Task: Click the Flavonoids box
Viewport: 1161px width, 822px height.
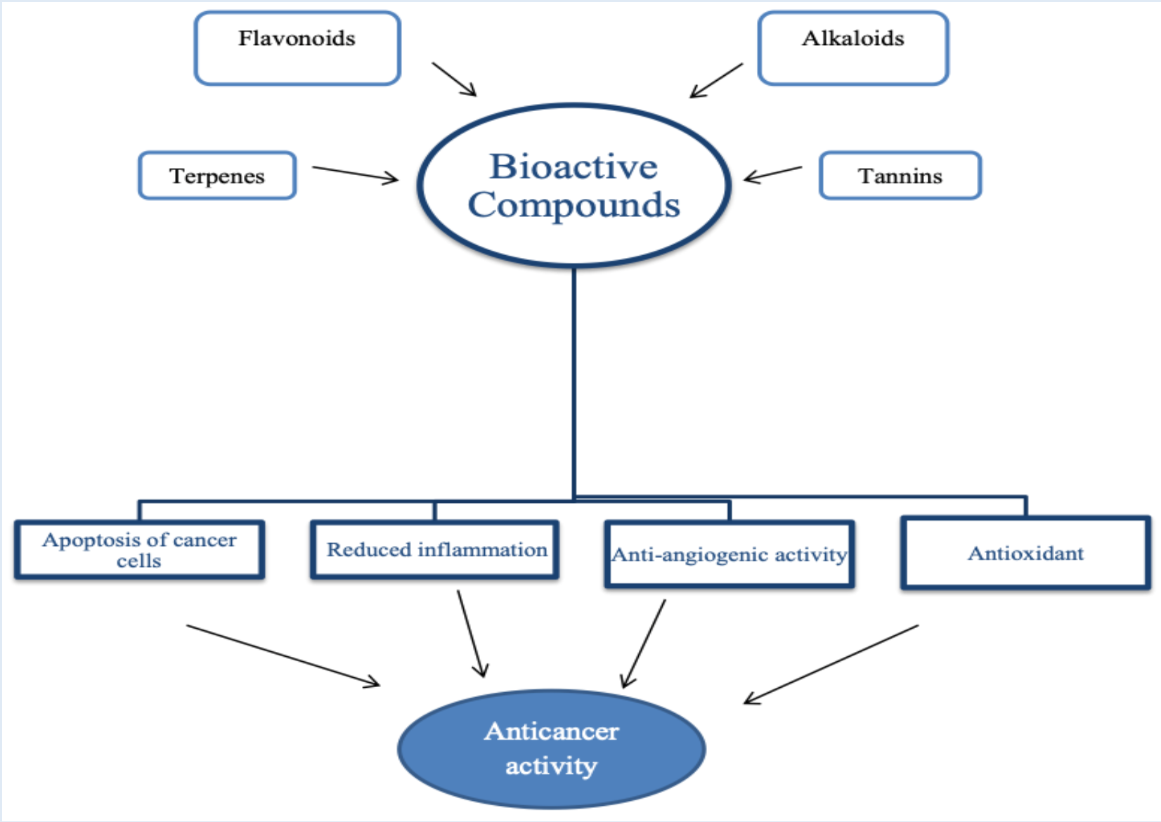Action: click(x=297, y=48)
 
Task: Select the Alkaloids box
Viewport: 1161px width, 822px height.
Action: click(x=853, y=48)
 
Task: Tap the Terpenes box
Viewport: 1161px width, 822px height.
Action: click(x=217, y=176)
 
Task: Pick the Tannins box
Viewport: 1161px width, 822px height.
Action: click(x=900, y=176)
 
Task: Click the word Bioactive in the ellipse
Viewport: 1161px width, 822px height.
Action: click(x=573, y=167)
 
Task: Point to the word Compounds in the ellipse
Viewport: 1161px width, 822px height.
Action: click(x=573, y=205)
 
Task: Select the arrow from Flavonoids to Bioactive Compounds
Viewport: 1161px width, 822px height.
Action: click(x=454, y=79)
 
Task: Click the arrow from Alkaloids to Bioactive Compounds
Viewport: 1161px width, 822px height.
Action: click(x=716, y=80)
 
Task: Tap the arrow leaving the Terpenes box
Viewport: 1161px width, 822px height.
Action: click(x=355, y=174)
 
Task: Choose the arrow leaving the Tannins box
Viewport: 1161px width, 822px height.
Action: click(x=772, y=174)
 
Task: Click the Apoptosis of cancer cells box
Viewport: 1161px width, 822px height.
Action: click(x=139, y=550)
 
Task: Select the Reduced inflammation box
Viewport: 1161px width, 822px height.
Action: click(x=436, y=550)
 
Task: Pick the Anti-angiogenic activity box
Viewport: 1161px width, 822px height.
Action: click(x=729, y=554)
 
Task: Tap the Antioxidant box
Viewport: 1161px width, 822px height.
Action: click(x=1025, y=554)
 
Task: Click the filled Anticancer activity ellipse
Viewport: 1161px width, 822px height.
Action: click(x=552, y=749)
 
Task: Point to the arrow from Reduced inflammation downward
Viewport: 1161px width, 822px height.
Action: click(x=472, y=633)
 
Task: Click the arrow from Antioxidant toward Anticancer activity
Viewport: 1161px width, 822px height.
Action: click(x=831, y=664)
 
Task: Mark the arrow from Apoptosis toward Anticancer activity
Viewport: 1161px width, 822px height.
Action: click(x=283, y=655)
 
